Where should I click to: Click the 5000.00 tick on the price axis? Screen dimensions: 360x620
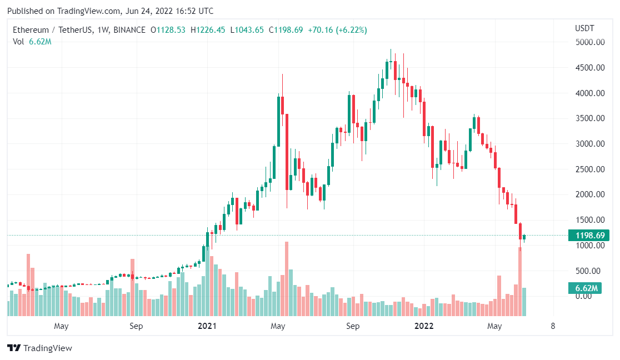click(590, 42)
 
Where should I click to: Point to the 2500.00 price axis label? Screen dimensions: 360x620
click(590, 169)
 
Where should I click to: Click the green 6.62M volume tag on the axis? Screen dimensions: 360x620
click(586, 288)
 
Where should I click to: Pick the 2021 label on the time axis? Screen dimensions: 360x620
click(207, 326)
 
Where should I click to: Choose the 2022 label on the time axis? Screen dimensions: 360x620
click(424, 326)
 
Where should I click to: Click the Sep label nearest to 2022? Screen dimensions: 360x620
click(353, 326)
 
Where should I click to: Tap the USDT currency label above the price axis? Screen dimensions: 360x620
click(584, 28)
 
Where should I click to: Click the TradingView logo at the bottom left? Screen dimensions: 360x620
click(39, 348)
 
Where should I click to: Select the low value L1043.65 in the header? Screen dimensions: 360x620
click(247, 29)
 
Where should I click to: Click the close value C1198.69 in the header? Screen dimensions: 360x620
click(286, 29)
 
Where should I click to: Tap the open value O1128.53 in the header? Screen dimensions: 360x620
click(168, 29)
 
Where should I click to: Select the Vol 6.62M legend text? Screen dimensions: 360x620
click(32, 42)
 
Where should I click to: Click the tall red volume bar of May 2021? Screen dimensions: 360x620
click(287, 278)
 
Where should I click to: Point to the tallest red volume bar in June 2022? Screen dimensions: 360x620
click(521, 281)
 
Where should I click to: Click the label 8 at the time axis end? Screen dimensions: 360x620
click(552, 326)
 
